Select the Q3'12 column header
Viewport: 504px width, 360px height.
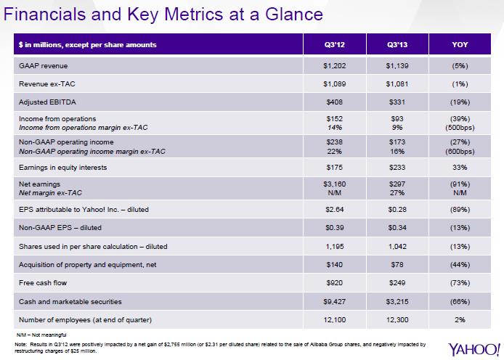[x=334, y=45]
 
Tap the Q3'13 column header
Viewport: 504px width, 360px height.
[x=398, y=45]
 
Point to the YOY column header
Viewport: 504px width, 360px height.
[x=461, y=45]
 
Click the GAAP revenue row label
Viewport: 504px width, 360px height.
[x=41, y=65]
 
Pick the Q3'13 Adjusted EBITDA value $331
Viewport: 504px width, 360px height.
[x=398, y=102]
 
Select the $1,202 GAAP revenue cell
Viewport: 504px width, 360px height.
[x=334, y=65]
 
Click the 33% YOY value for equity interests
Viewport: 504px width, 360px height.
[x=461, y=168]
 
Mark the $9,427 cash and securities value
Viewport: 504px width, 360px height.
[x=334, y=300]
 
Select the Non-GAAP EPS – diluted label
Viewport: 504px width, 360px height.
[x=61, y=227]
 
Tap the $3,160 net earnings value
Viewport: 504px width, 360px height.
[x=334, y=185]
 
